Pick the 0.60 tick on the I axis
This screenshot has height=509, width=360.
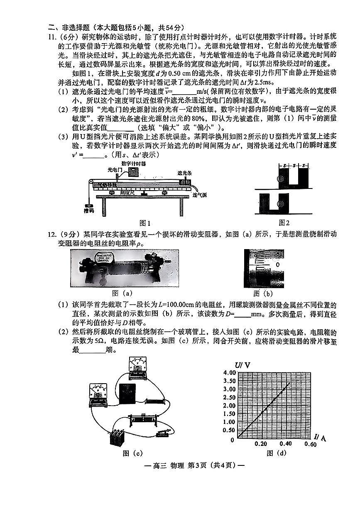[310, 444]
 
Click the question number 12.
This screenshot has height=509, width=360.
[52, 235]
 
